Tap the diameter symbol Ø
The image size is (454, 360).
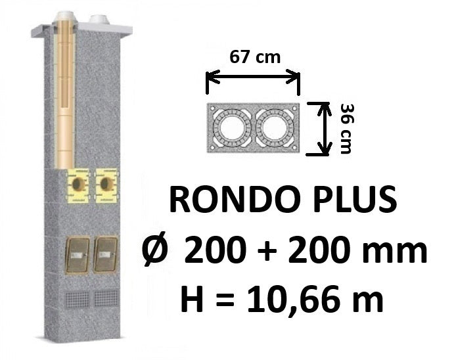pyautogui.click(x=155, y=250)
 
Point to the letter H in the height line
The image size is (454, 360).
pyautogui.click(x=192, y=298)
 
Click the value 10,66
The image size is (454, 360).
pyautogui.click(x=301, y=300)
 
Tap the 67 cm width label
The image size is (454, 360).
pyautogui.click(x=255, y=56)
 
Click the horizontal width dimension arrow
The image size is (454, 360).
pyautogui.click(x=253, y=77)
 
